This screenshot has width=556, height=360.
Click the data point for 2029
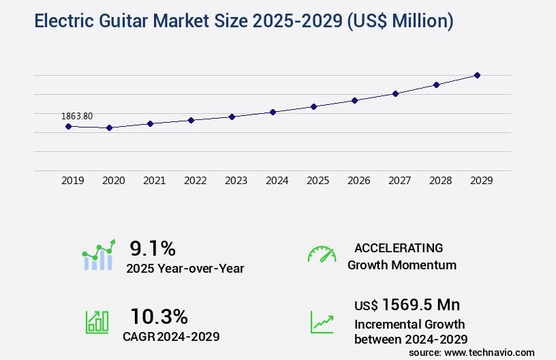(477, 75)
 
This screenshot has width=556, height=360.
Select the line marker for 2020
(109, 127)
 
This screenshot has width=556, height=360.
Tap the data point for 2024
(273, 112)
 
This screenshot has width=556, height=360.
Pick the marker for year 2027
(395, 93)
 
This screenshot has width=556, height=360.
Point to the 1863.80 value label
(76, 116)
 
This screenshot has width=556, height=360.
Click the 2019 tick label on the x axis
(73, 181)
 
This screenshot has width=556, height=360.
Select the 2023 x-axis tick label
(236, 181)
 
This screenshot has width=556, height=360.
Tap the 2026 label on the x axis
(359, 181)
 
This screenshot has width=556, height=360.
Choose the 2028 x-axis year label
(441, 181)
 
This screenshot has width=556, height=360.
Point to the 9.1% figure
(153, 248)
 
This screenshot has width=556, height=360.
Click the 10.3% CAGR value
(159, 316)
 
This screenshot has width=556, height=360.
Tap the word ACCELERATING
(399, 247)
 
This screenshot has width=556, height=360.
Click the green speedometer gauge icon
(322, 254)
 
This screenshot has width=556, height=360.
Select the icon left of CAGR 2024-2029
(97, 322)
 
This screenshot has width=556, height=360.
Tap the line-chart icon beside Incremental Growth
(322, 322)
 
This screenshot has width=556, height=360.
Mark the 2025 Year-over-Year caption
(185, 269)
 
